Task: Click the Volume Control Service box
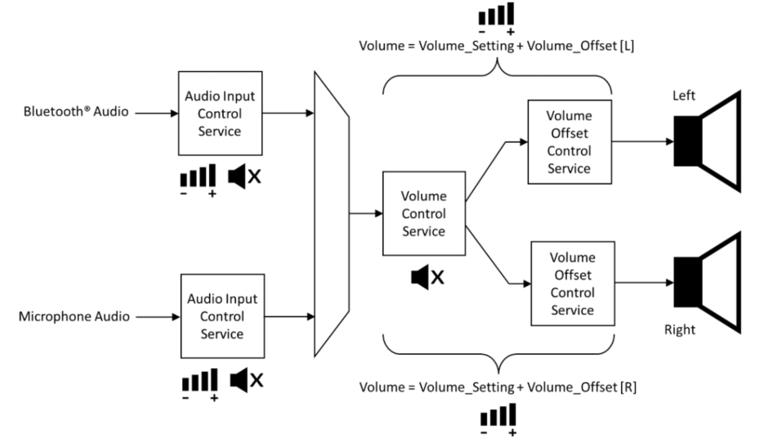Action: tap(424, 213)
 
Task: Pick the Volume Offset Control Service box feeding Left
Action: tap(569, 141)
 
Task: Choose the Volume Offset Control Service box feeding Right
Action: tap(572, 283)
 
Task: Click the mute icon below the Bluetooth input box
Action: tap(246, 175)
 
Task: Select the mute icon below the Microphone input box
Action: tap(246, 379)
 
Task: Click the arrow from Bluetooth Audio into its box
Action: tap(154, 112)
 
